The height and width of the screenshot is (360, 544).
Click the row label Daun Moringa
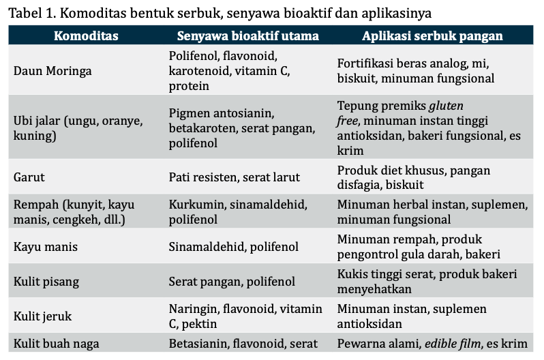(x=52, y=71)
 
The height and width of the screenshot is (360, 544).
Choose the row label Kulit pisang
(x=46, y=282)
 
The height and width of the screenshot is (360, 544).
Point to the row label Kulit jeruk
(x=43, y=316)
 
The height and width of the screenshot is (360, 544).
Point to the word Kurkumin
(x=194, y=205)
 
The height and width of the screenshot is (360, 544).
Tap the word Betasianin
(x=199, y=344)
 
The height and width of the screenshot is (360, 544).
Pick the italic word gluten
(x=446, y=106)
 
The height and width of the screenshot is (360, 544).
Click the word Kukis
(x=353, y=274)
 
